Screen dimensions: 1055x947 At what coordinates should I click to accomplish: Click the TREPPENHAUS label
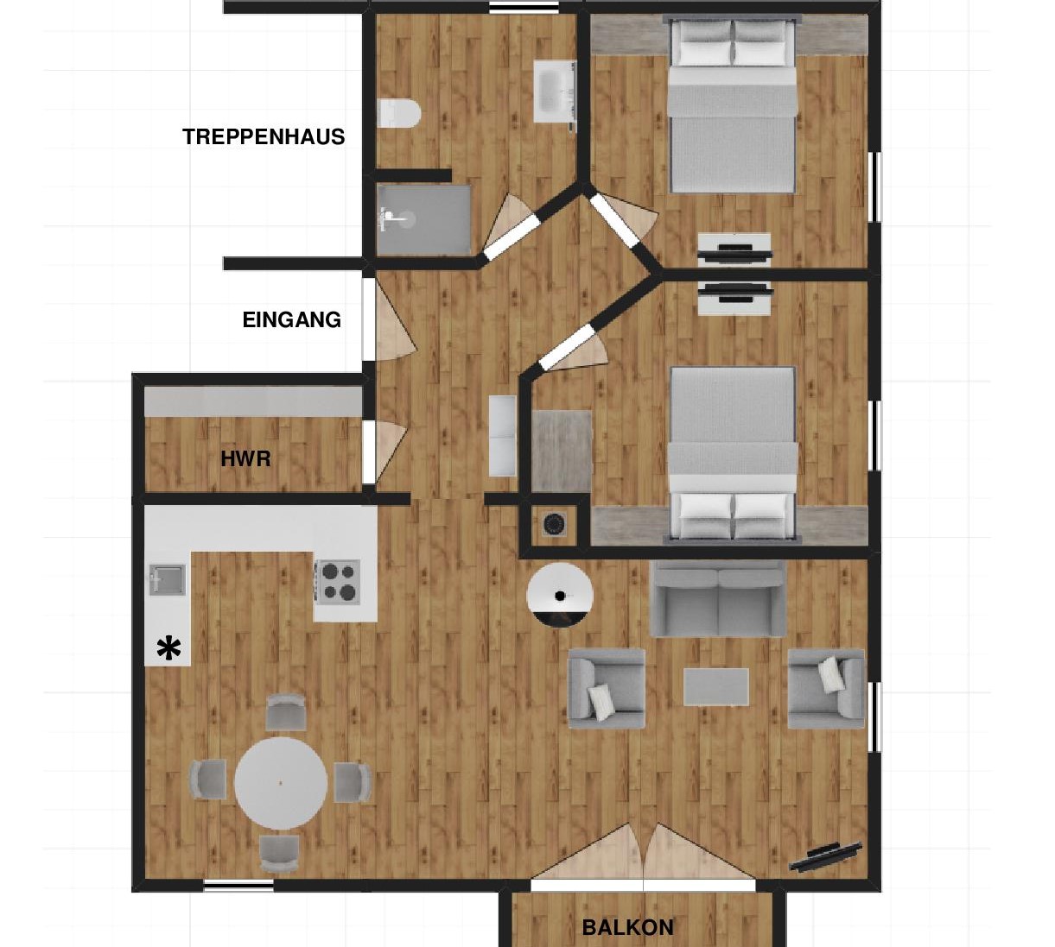pos(264,137)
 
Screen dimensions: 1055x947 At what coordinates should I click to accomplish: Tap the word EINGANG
pos(291,319)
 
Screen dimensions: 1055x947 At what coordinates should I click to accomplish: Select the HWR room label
pos(245,459)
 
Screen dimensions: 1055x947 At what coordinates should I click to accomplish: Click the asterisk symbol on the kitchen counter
pos(168,649)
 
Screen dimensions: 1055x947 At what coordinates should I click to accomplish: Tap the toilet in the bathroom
pos(398,113)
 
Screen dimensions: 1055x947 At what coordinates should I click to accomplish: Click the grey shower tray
pos(424,219)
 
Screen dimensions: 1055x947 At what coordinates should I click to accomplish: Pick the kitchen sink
pos(167,579)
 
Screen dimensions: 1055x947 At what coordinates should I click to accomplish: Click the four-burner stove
pos(339,582)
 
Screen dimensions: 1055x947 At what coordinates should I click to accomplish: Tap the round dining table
pos(281,783)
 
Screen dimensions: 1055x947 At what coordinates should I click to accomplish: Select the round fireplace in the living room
pos(559,596)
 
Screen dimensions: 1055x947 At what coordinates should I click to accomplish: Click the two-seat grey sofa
pos(718,600)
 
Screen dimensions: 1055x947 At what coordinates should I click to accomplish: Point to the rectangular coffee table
pos(716,687)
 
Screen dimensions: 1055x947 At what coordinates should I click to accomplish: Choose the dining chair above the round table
pos(285,712)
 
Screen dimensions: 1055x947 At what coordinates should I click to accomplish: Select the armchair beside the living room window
pos(826,688)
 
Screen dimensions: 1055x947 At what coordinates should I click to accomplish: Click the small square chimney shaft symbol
pos(554,524)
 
